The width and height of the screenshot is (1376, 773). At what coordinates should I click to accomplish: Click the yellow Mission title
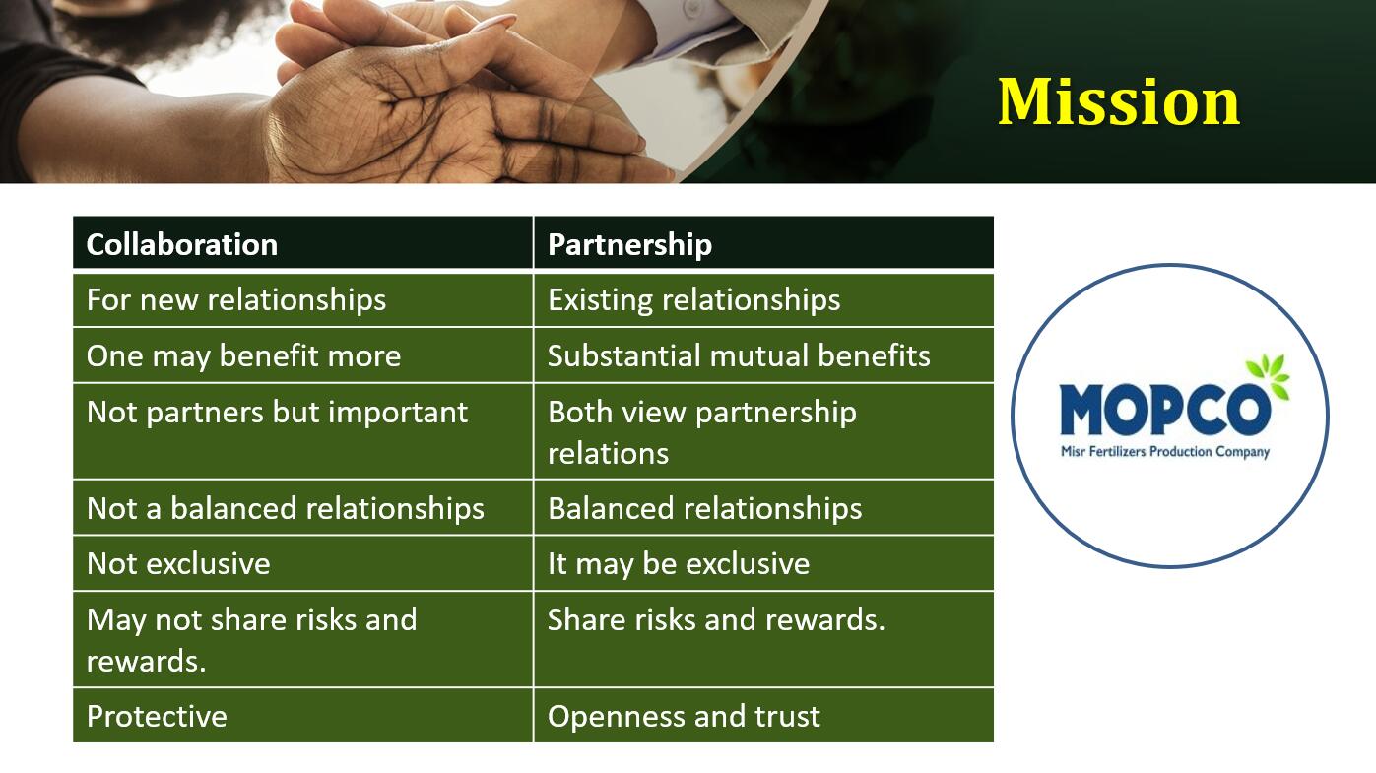click(x=1118, y=101)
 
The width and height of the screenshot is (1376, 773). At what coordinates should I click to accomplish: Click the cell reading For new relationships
click(x=302, y=299)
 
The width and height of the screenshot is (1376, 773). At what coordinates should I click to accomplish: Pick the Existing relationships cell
click(x=763, y=299)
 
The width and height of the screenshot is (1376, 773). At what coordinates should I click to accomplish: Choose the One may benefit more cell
click(x=302, y=354)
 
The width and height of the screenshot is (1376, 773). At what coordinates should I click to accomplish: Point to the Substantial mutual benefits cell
click(x=763, y=354)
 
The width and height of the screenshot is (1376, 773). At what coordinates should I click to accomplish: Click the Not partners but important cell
click(x=302, y=431)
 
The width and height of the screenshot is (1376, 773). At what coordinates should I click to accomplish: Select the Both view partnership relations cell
click(x=763, y=431)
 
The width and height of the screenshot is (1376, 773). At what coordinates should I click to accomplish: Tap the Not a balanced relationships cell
click(x=302, y=508)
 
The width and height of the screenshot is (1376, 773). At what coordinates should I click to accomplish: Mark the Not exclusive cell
click(x=302, y=563)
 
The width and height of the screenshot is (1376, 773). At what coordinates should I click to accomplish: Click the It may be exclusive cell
click(x=763, y=563)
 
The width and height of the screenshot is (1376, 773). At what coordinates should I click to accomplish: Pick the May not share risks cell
click(x=302, y=639)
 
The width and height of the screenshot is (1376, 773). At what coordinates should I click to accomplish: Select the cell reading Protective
click(x=302, y=715)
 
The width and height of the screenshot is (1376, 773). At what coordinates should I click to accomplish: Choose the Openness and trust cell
click(x=763, y=715)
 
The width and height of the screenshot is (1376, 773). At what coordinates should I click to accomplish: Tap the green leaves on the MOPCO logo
click(x=1269, y=374)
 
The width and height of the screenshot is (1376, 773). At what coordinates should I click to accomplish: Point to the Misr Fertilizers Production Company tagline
click(x=1165, y=452)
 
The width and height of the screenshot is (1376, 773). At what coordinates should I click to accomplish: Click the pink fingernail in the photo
click(x=492, y=24)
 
